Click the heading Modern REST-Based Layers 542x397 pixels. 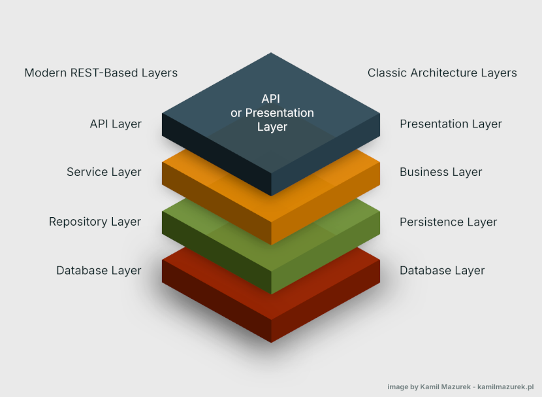pyautogui.click(x=101, y=73)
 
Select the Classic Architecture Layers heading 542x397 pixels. pyautogui.click(x=442, y=73)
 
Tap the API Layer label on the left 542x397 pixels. pyautogui.click(x=116, y=124)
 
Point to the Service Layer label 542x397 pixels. pyautogui.click(x=104, y=172)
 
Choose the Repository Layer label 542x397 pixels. pyautogui.click(x=95, y=222)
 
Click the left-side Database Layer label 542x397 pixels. pyautogui.click(x=99, y=270)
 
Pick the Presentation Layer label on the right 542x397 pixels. pyautogui.click(x=451, y=124)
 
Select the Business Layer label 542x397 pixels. pyautogui.click(x=441, y=172)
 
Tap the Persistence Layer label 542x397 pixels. pyautogui.click(x=448, y=222)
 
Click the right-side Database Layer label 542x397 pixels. pyautogui.click(x=442, y=270)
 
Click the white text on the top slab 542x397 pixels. pyautogui.click(x=272, y=112)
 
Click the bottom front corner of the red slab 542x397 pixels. pyautogui.click(x=271, y=341)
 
